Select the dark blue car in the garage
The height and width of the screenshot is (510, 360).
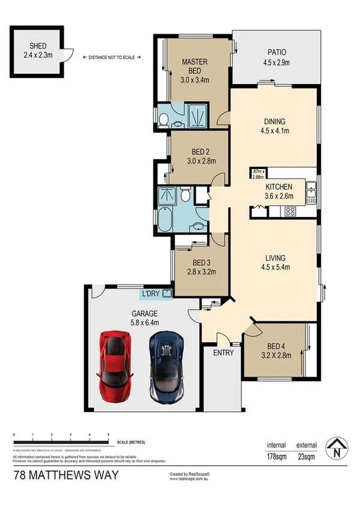(168, 365)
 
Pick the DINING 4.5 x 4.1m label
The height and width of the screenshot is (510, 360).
(274, 124)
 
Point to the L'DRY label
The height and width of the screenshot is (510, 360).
(150, 294)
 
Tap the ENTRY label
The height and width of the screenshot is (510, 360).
(223, 352)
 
